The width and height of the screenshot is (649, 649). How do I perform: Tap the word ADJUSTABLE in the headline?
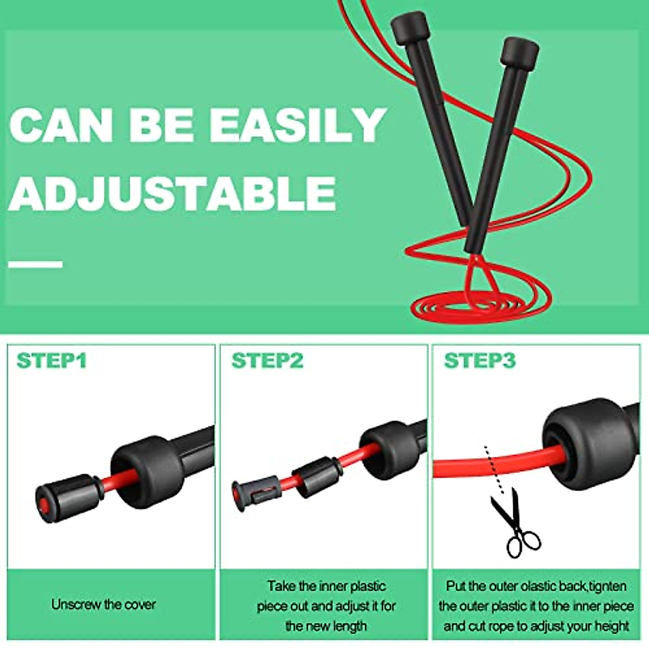click(x=172, y=193)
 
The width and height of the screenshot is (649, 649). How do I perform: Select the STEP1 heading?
click(x=51, y=361)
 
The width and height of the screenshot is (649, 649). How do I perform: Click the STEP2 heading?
click(x=267, y=361)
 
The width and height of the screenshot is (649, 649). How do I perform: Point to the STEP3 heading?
click(x=480, y=361)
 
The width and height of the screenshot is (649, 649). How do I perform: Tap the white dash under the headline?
click(x=36, y=264)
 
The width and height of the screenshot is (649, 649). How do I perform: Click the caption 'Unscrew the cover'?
click(x=104, y=604)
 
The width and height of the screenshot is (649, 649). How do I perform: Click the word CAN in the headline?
click(x=61, y=125)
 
